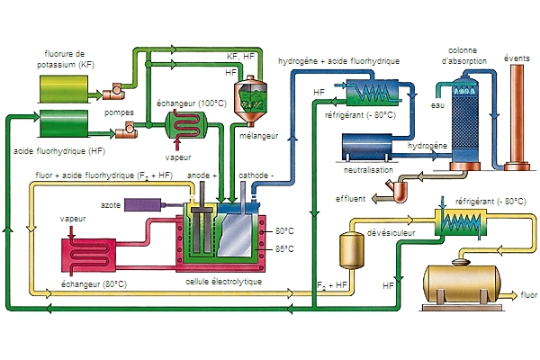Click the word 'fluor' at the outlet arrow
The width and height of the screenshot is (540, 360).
tap(528, 294)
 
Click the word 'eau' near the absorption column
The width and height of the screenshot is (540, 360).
tap(437, 105)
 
